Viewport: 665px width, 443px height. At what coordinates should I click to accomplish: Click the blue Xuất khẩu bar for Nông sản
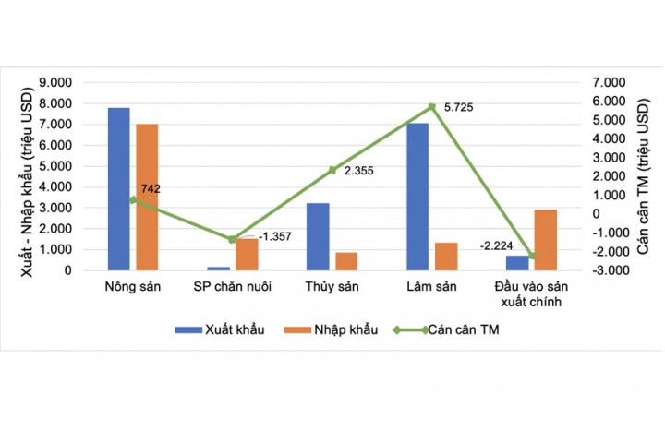[118, 189]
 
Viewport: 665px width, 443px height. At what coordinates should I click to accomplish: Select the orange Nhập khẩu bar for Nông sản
[147, 198]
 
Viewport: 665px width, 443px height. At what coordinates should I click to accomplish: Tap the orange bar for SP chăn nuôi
[247, 255]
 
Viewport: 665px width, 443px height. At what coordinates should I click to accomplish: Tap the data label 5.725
[458, 108]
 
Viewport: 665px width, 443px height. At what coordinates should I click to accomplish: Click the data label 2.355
[357, 171]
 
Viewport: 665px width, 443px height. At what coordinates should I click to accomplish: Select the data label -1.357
[274, 237]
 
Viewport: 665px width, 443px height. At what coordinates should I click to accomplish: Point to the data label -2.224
[499, 245]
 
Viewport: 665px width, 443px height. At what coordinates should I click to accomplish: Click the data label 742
[151, 189]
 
